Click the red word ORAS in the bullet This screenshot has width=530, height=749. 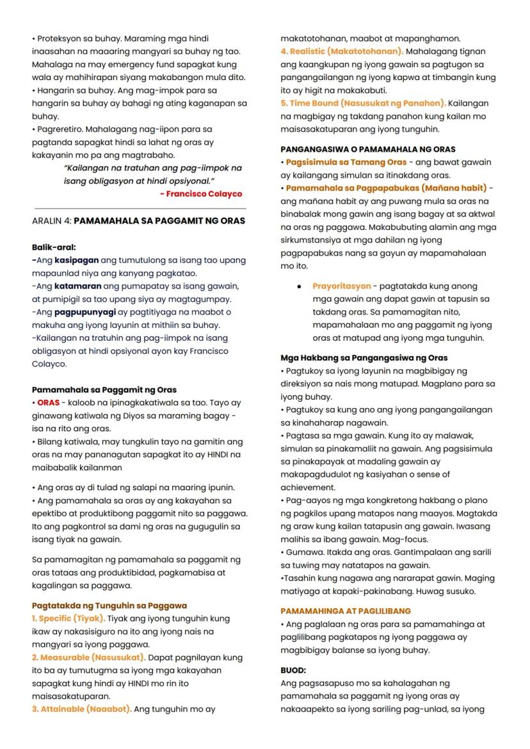pos(48,403)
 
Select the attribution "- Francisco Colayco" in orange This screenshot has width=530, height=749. pos(201,193)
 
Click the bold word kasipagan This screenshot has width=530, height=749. pos(76,260)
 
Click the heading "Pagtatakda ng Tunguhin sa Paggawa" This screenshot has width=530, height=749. pos(109,605)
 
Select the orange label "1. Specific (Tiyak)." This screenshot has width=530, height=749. pos(68,618)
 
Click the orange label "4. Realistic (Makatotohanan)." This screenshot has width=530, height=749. pos(342,51)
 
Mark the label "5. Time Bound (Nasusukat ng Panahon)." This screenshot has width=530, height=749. pos(363,103)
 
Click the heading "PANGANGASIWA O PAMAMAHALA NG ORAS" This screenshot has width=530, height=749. pos(368,149)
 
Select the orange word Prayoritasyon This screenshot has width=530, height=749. pos(341,286)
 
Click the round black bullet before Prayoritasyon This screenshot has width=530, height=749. pos(299,286)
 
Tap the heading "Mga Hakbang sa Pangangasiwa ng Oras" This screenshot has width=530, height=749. pos(364,358)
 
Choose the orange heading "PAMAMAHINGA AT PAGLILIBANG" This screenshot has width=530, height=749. pos(346,611)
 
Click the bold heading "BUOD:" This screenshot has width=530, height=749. pos(293,670)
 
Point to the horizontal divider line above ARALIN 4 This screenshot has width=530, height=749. pos(140,208)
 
